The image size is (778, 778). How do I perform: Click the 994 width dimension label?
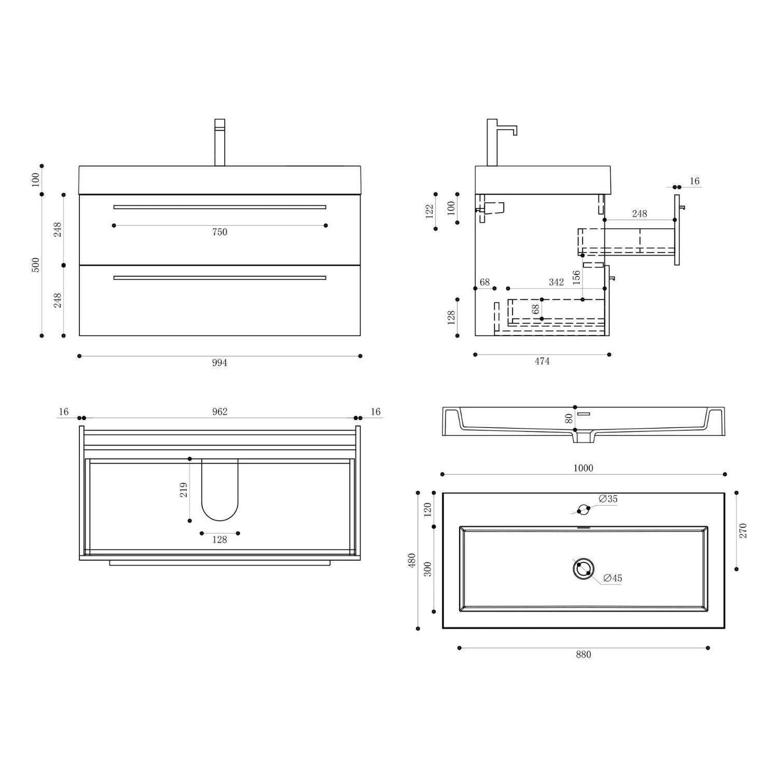219,363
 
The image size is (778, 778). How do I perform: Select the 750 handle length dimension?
220,232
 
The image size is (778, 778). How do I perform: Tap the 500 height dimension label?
36,265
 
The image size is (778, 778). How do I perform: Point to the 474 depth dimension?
542,361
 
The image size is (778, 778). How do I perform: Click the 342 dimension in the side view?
556,282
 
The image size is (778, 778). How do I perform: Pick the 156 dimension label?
576,278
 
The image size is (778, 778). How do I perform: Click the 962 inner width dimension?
220,412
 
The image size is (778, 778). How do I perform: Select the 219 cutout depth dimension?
184,490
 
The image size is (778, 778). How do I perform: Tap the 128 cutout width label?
220,540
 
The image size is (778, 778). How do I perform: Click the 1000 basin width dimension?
583,468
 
